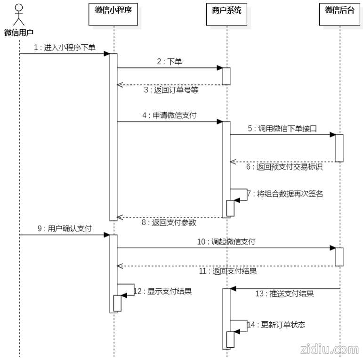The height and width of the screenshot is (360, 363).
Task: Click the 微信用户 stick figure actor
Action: point(19,14)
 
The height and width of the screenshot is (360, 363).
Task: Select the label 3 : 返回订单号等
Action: point(171,90)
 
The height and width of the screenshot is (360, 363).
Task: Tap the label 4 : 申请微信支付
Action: point(169,115)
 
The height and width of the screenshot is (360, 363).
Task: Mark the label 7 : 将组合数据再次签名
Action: point(286,194)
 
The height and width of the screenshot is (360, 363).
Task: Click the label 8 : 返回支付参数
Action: point(170,222)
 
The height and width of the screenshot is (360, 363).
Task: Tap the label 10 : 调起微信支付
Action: point(226,242)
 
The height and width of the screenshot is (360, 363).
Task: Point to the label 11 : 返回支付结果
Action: point(227,271)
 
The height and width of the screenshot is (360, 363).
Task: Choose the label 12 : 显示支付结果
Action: point(162,291)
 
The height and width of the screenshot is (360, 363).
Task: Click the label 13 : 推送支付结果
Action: point(284,294)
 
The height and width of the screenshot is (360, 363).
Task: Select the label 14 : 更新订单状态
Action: point(276,325)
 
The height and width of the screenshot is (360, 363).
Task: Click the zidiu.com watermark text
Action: point(329,349)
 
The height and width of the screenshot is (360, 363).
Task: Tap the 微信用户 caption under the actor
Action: point(19,33)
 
